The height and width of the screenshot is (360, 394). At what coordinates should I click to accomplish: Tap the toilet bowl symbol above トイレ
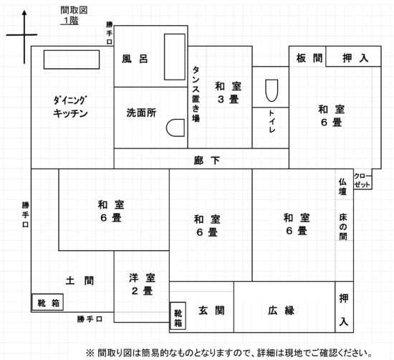coord(272,90)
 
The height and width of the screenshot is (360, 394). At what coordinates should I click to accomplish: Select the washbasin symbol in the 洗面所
coord(176,128)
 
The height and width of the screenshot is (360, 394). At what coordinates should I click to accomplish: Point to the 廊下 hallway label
coord(207,160)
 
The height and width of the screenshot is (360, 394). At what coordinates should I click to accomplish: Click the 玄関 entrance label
coord(211,311)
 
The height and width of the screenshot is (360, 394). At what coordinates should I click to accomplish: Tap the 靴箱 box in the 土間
coord(47,302)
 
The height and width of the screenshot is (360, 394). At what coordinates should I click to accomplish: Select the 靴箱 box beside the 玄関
coord(178,316)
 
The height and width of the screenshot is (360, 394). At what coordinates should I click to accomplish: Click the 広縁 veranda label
coord(281,311)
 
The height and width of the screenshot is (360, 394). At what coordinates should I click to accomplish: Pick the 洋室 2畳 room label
coord(143,285)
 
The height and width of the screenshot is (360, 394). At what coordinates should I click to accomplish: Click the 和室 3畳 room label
coord(228,93)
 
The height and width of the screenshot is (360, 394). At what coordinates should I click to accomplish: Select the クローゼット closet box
coord(363,179)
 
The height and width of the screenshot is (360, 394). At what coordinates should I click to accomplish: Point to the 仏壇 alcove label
coord(342,186)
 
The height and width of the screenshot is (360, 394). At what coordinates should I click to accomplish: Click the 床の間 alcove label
coord(343,227)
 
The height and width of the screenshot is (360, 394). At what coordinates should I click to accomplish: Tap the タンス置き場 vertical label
coord(196,94)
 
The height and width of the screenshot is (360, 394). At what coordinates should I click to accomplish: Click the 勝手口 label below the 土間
coord(90,319)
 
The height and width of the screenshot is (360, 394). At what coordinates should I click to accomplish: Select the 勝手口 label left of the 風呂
coord(110,33)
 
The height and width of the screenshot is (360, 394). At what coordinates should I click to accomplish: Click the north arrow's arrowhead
coord(24,13)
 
